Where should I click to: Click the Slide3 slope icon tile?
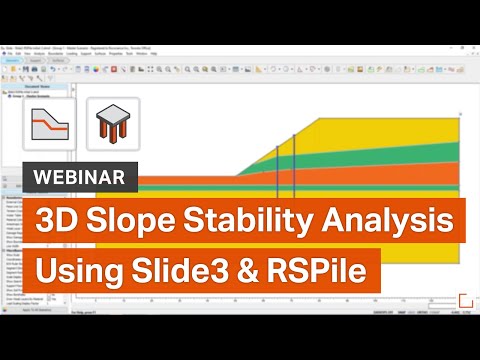coord(49,124)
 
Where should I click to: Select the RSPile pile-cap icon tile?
coord(113,124)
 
